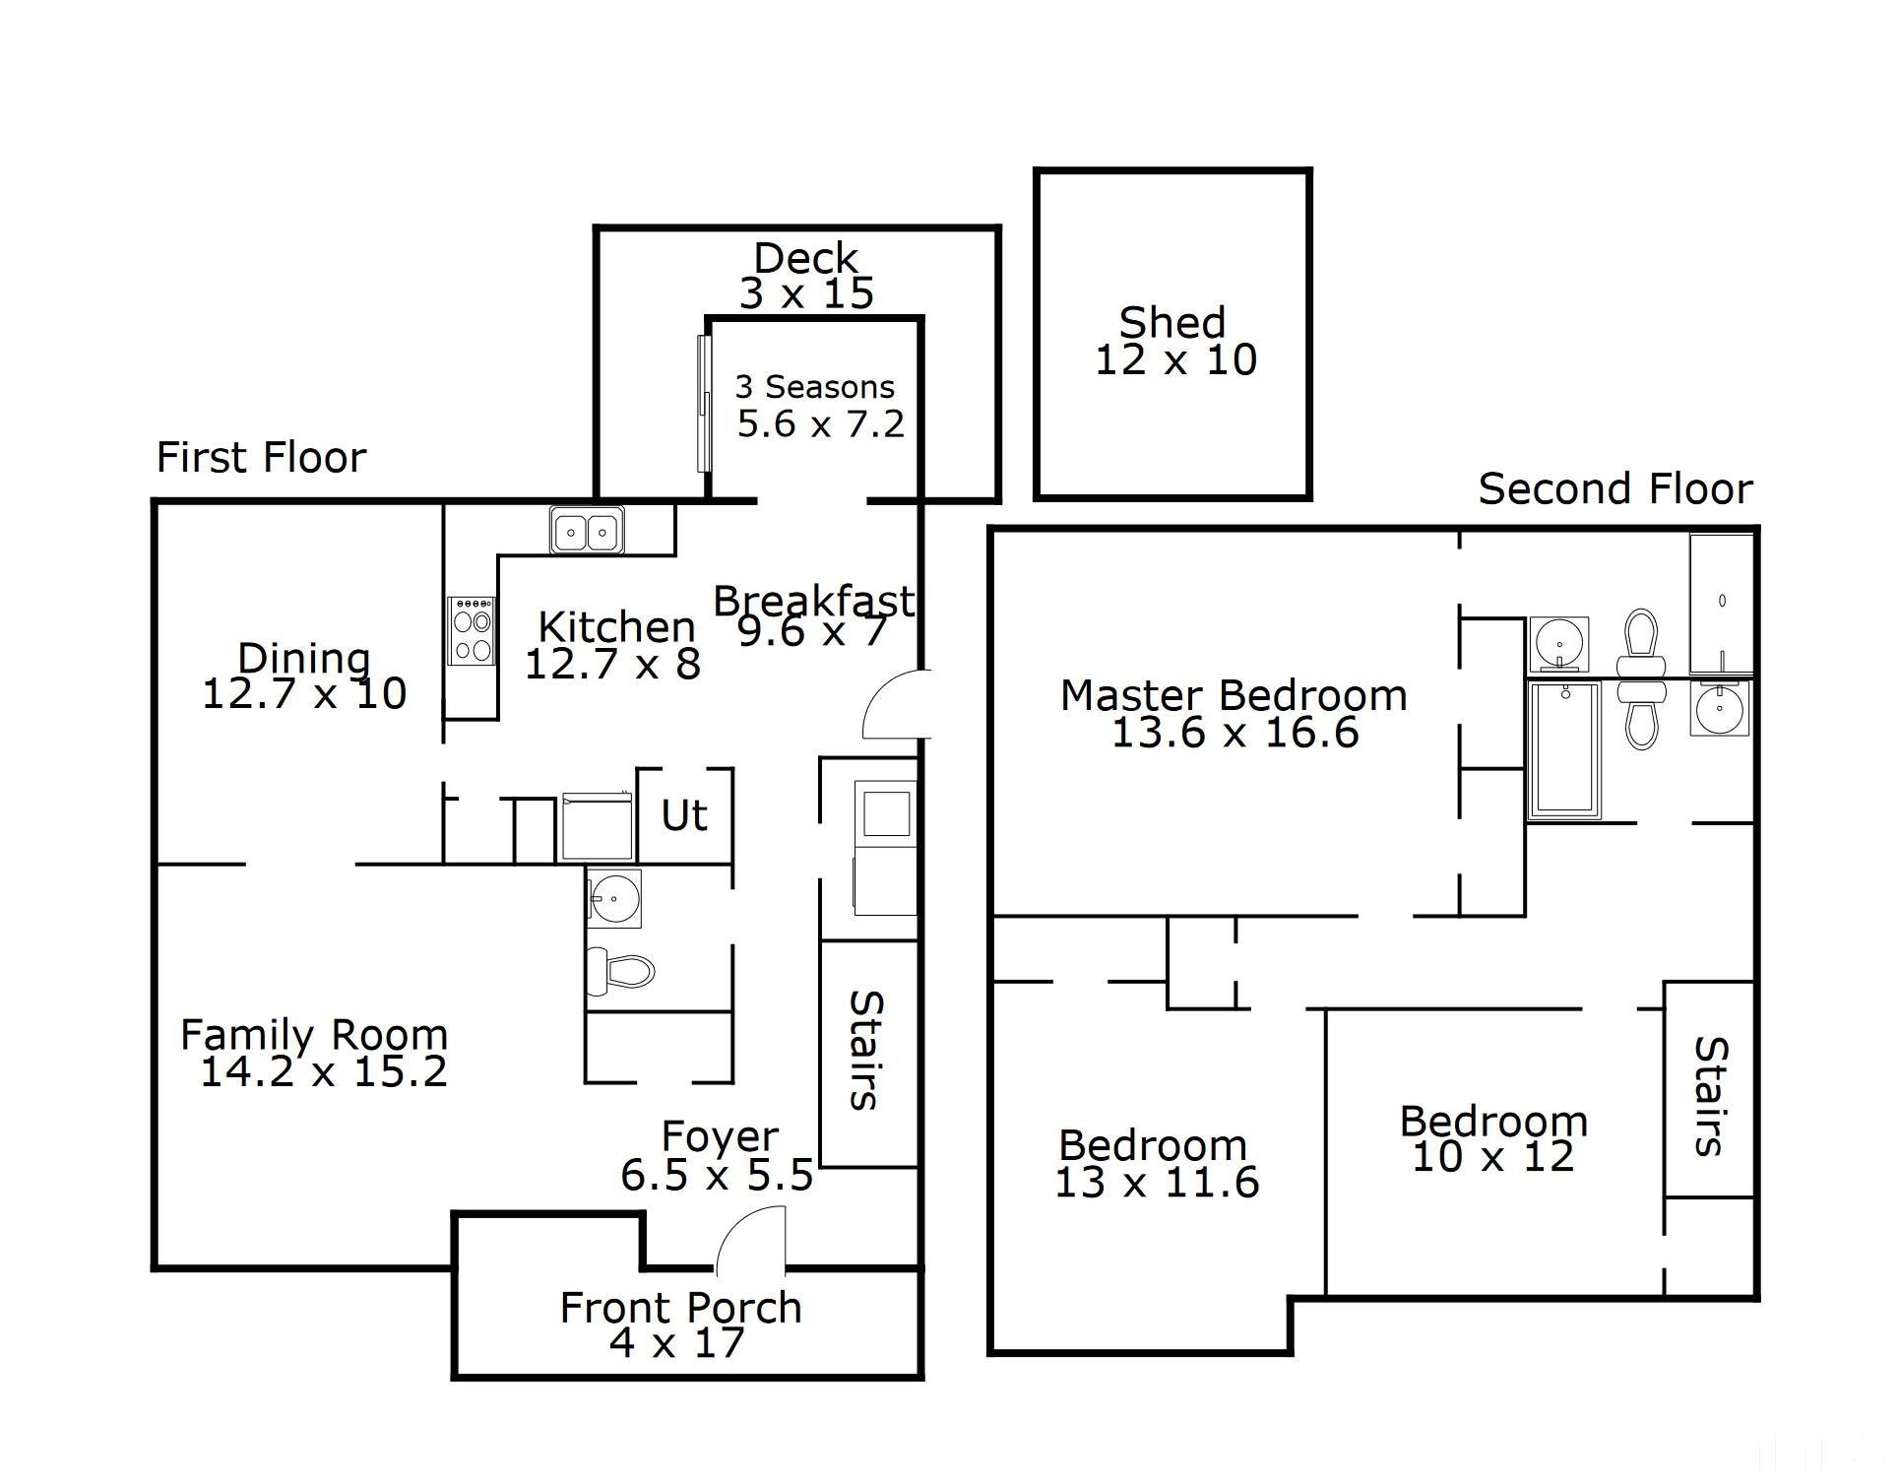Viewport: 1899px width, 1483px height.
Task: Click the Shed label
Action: pyautogui.click(x=1172, y=323)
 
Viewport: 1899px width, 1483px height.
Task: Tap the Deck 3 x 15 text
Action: pyautogui.click(x=806, y=276)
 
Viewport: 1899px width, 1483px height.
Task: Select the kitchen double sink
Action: pyautogui.click(x=587, y=532)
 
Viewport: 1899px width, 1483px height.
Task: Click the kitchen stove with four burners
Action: pyautogui.click(x=472, y=630)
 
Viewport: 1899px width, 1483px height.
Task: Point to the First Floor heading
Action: pyautogui.click(x=261, y=458)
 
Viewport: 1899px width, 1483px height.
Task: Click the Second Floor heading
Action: pyautogui.click(x=1615, y=489)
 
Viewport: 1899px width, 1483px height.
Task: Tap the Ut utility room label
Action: pyautogui.click(x=684, y=815)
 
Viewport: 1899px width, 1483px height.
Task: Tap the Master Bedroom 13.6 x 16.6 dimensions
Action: pyautogui.click(x=1234, y=734)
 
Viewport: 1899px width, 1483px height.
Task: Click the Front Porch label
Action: pyautogui.click(x=680, y=1308)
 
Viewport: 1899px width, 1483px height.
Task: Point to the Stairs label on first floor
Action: pyautogui.click(x=866, y=1050)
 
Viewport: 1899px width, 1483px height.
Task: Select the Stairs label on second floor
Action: pyautogui.click(x=1711, y=1095)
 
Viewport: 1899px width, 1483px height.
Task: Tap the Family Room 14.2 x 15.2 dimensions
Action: pyautogui.click(x=324, y=1072)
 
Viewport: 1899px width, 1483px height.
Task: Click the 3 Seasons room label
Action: pyautogui.click(x=815, y=387)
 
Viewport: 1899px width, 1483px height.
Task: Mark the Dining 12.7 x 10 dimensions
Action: pyautogui.click(x=304, y=694)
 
